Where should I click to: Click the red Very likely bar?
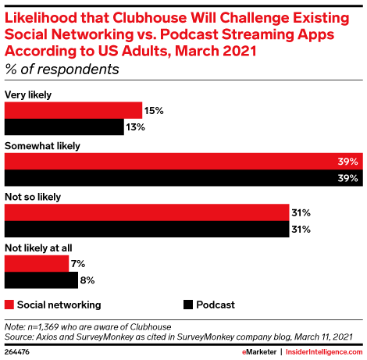pos(73,110)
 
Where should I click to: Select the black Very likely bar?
pos(64,127)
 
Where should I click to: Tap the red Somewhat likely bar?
pos(183,162)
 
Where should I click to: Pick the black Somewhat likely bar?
pos(183,179)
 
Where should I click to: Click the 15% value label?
pos(154,111)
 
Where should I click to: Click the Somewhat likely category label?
pos(43,145)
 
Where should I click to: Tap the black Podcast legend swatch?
pos(187,305)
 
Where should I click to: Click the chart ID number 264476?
pos(20,352)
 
